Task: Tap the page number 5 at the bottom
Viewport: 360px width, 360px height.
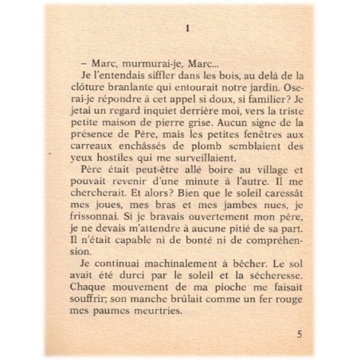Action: pyautogui.click(x=297, y=334)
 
